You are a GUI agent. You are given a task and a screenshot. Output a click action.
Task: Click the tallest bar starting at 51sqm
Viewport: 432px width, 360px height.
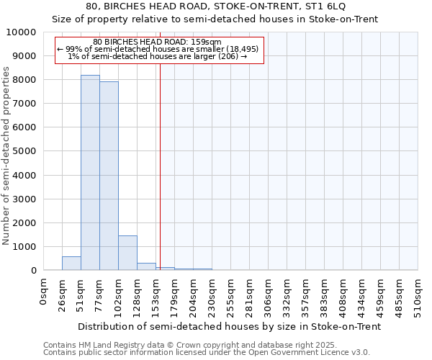coord(90,173)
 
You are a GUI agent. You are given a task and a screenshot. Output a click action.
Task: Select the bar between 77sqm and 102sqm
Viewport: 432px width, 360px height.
coord(109,176)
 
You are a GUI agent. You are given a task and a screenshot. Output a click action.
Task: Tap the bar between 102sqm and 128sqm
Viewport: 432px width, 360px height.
coord(127,253)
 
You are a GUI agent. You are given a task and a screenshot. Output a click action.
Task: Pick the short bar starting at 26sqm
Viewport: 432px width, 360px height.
coord(71,264)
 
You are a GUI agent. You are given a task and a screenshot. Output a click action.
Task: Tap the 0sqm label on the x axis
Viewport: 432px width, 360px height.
coord(44,292)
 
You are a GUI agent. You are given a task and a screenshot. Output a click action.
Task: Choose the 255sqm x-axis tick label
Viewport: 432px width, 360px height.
coord(231,295)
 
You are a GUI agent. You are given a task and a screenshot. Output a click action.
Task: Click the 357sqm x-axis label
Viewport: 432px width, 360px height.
coord(306,295)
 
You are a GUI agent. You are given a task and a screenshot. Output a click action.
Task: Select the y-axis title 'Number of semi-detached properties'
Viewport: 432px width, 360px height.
coord(6,156)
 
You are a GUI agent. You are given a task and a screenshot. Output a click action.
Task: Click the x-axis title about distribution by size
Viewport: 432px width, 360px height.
coord(229,326)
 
